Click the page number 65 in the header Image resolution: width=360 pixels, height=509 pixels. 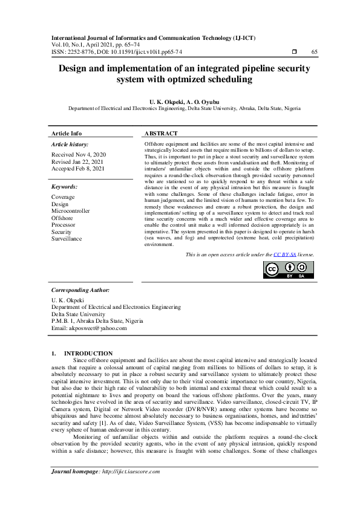(314, 52)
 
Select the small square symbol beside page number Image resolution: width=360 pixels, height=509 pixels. (294, 52)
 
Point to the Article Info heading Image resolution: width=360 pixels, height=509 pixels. (67, 133)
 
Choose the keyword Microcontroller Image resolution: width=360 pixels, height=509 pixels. (71, 211)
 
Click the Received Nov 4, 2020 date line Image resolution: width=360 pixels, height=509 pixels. (79, 155)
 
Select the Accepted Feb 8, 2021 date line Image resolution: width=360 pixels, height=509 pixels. (78, 169)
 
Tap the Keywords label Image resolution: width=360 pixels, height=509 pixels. (65, 187)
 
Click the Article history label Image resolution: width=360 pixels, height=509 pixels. (70, 144)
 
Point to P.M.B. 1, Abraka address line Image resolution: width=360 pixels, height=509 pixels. (97, 321)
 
